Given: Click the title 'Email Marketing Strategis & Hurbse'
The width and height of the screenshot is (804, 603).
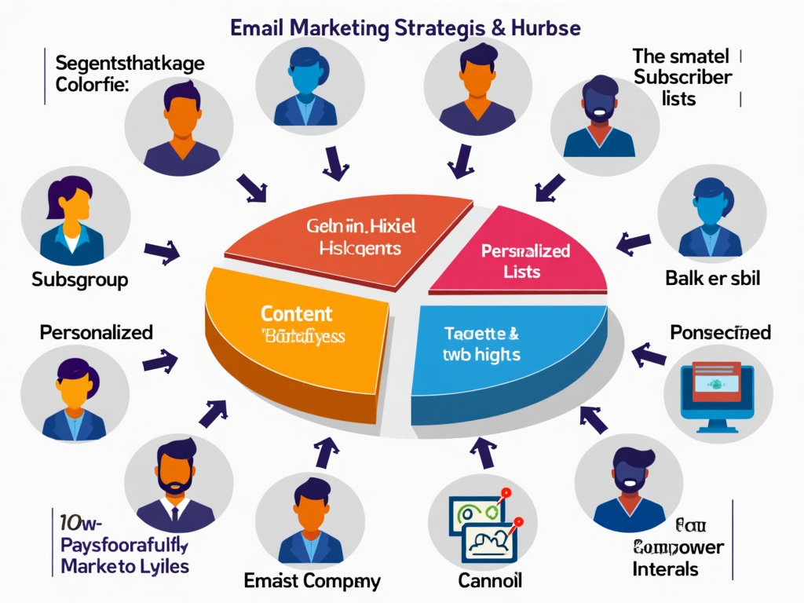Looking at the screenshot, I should pyautogui.click(x=405, y=27).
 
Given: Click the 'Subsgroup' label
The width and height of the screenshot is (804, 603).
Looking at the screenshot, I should pyautogui.click(x=80, y=279).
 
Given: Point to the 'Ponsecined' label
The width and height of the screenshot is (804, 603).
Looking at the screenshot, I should pyautogui.click(x=720, y=332).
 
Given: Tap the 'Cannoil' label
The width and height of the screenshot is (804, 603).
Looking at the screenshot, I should pyautogui.click(x=491, y=582).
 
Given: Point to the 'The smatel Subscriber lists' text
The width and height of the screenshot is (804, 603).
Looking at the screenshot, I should pyautogui.click(x=682, y=77).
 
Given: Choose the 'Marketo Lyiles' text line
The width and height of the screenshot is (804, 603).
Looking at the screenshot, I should pyautogui.click(x=125, y=565).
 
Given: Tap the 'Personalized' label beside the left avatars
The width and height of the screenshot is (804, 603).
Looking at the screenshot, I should pyautogui.click(x=96, y=332).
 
